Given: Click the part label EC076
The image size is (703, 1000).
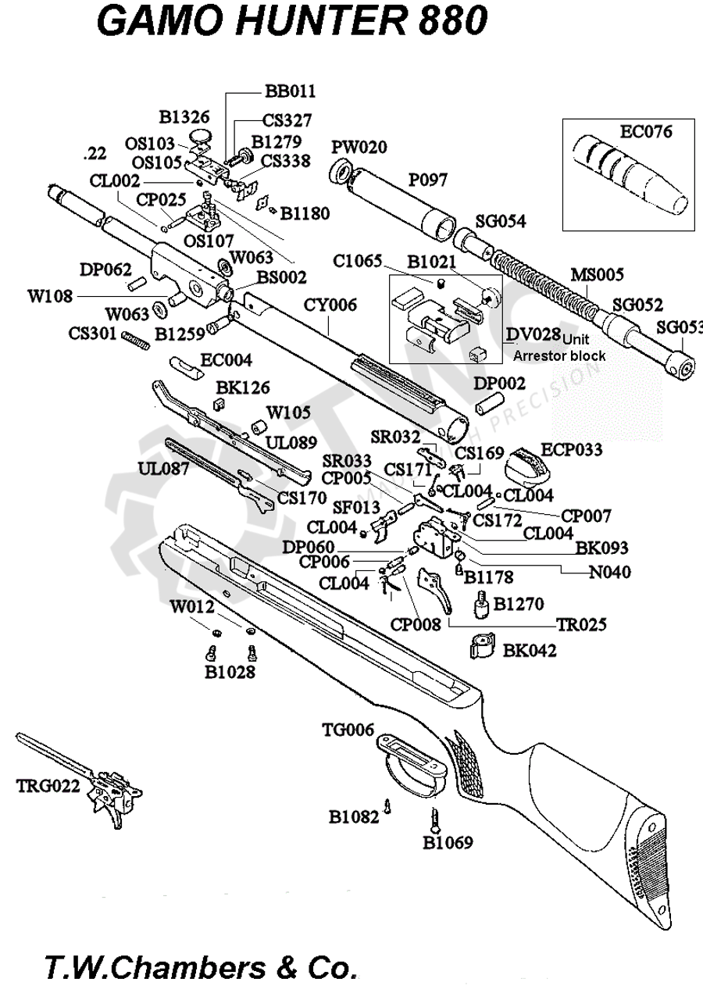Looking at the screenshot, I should (x=646, y=131).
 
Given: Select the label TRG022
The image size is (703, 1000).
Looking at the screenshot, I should (x=48, y=787).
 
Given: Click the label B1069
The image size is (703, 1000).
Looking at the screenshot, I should (x=448, y=843).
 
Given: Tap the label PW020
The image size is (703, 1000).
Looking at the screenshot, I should (x=359, y=148).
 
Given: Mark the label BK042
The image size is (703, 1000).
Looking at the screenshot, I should (x=530, y=650).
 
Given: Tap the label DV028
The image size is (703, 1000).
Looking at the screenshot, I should (x=533, y=335).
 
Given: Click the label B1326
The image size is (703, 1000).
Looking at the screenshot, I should (x=184, y=117).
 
